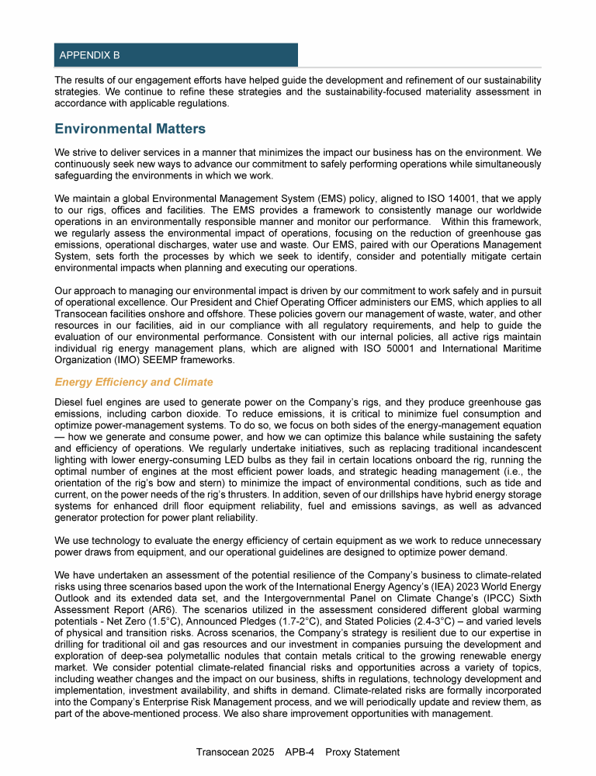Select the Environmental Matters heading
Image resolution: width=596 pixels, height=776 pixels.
130,130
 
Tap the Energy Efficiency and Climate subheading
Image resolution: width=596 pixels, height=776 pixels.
133,383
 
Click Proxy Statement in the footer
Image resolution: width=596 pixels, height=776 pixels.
362,752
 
